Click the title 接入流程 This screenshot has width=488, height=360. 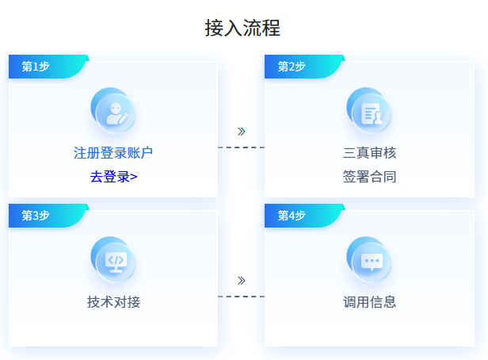242,28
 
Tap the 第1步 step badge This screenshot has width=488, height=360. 48,67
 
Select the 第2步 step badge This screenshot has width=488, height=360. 304,67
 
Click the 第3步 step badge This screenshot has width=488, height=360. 48,216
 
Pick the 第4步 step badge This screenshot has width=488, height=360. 304,216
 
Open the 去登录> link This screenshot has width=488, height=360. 113,177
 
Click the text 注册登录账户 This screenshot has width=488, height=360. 113,153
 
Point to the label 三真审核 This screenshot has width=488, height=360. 369,153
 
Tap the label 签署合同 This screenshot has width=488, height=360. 369,177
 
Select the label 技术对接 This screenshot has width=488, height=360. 113,302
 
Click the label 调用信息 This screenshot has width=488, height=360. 369,302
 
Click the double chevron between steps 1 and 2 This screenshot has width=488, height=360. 241,132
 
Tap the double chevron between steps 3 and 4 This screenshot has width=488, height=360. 241,281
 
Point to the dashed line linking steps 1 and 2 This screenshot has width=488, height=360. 241,147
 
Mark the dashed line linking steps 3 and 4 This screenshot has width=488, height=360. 241,297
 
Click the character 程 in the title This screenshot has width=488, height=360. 271,28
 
